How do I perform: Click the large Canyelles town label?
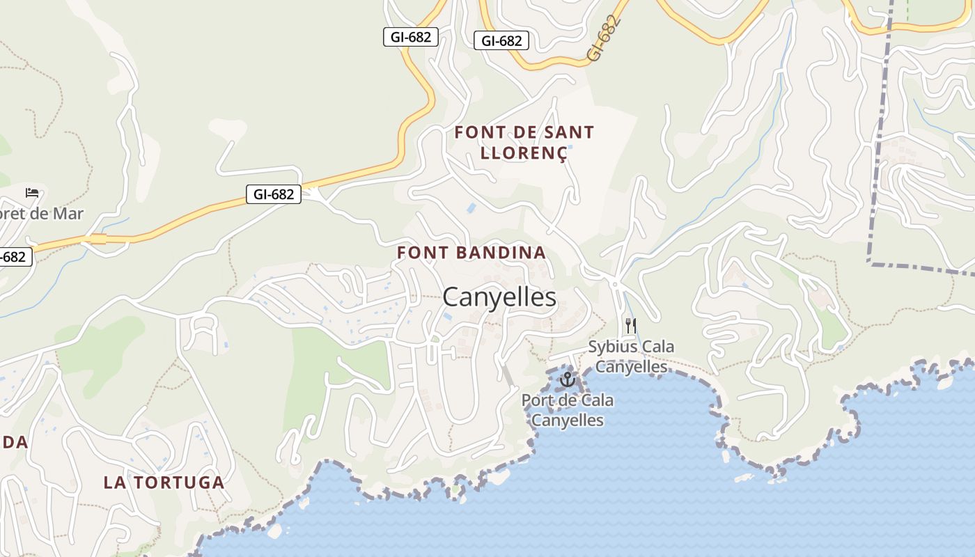click(x=499, y=297)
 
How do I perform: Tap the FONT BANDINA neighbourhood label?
click(x=471, y=253)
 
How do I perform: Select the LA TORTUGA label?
click(x=164, y=483)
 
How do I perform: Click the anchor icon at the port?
click(x=567, y=379)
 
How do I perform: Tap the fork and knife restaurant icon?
click(x=631, y=325)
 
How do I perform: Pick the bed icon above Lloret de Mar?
click(x=32, y=192)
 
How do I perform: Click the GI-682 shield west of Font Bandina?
click(x=274, y=194)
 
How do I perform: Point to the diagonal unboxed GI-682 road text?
click(x=603, y=38)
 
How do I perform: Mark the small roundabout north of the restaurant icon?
click(x=614, y=284)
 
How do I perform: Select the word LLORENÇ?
click(x=524, y=153)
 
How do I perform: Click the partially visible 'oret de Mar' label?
click(x=40, y=214)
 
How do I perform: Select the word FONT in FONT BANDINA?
click(x=420, y=253)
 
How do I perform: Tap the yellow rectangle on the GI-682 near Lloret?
click(x=98, y=240)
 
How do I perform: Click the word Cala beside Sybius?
click(x=660, y=347)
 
